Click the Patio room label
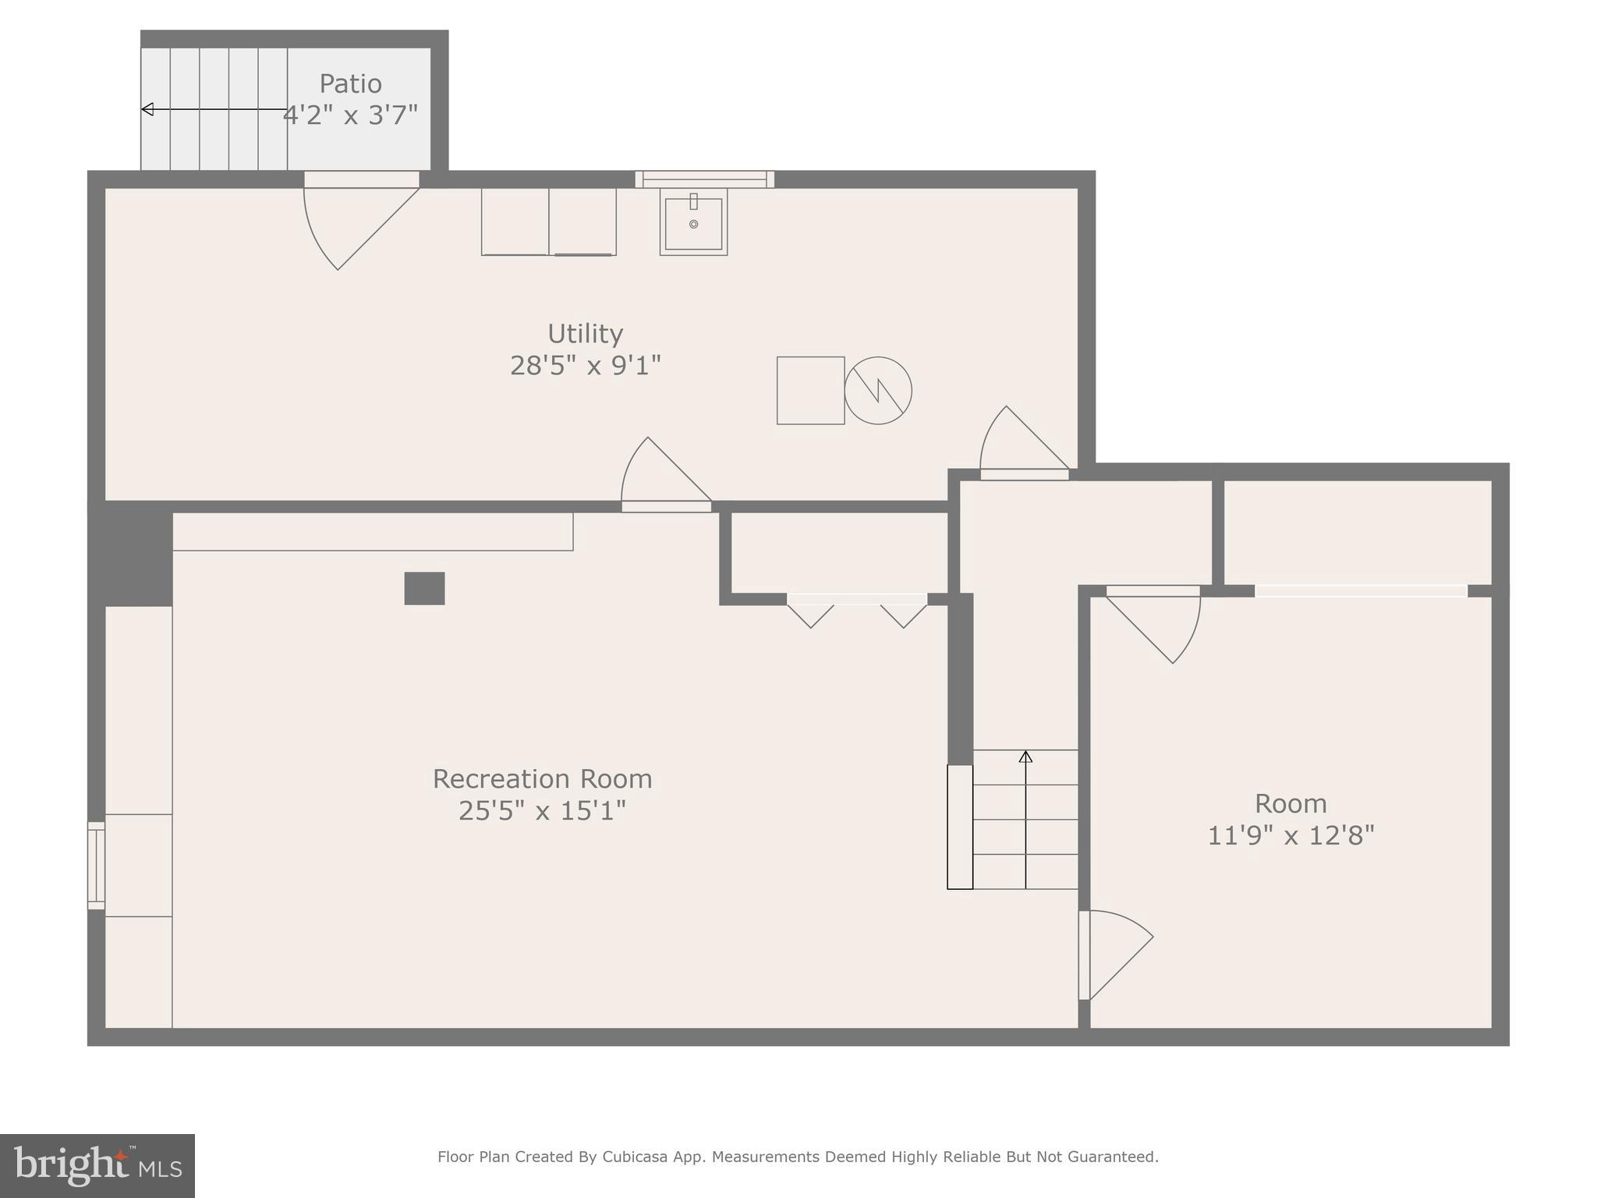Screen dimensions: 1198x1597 point(350,83)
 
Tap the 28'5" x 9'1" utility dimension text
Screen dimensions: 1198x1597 point(585,365)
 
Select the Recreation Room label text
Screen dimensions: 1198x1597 point(542,778)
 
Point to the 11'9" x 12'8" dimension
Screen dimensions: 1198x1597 point(1291,835)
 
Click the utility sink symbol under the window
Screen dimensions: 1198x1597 point(693,222)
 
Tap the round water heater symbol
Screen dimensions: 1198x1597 point(878,391)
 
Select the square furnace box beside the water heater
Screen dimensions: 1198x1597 point(810,391)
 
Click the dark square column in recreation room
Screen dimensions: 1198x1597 point(424,588)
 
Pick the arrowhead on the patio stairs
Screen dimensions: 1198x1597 point(147,109)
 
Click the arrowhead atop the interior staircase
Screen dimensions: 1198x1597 point(1025,757)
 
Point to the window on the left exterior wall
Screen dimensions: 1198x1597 point(96,865)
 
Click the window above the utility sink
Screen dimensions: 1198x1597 point(704,179)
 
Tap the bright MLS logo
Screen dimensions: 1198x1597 point(97,1165)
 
